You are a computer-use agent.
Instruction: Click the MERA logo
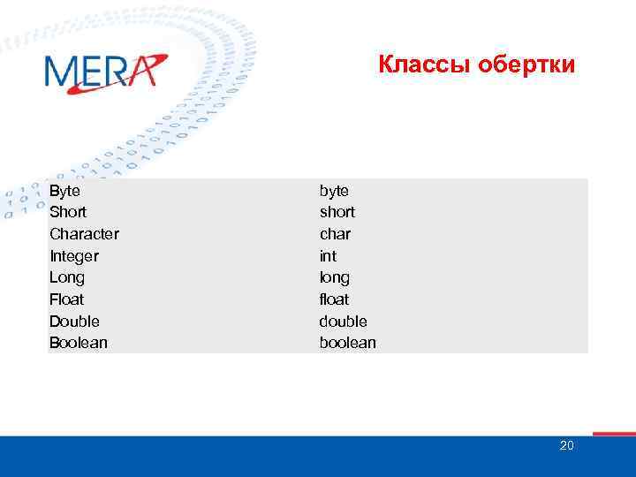point(104,72)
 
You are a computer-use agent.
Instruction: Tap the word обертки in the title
point(526,64)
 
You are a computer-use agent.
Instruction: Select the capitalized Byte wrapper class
point(64,191)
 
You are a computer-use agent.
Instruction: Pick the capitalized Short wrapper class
point(68,212)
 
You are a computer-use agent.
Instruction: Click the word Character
point(84,234)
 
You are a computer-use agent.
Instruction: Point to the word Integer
point(74,256)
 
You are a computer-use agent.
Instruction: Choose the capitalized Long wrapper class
point(67,277)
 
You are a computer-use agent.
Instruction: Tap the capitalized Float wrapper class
point(67,299)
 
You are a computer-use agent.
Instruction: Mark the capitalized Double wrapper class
point(74,321)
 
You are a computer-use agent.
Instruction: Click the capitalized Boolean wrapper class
point(78,343)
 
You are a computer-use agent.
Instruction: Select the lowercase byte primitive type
point(334,191)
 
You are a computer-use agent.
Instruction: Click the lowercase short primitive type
point(337,212)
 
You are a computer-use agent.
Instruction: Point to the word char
point(335,234)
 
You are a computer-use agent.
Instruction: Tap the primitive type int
point(328,256)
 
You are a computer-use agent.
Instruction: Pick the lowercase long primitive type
point(335,277)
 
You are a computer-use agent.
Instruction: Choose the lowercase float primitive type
point(334,299)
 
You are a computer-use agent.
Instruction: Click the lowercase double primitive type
point(343,321)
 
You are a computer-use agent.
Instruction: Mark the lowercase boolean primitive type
point(347,343)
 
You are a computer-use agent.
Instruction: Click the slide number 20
point(566,445)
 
